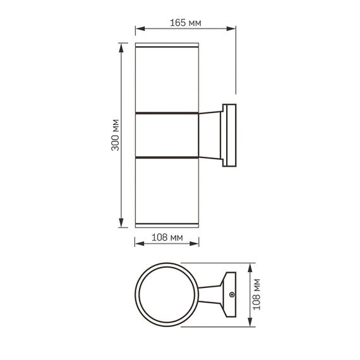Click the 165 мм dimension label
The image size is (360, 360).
pyautogui.click(x=185, y=23)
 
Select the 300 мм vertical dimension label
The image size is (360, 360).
pyautogui.click(x=115, y=135)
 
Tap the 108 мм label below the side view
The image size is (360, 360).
pyautogui.click(x=167, y=237)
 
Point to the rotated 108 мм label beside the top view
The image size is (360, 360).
pyautogui.click(x=256, y=294)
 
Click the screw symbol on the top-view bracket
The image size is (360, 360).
pyautogui.click(x=232, y=294)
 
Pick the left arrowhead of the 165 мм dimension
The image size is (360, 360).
pyautogui.click(x=140, y=28)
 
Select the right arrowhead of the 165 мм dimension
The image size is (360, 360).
pyautogui.click(x=231, y=28)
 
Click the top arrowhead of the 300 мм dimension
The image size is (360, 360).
pyautogui.click(x=121, y=48)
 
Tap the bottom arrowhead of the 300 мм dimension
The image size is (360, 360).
pyautogui.click(x=121, y=223)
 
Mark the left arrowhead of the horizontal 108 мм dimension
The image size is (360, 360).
pyautogui.click(x=140, y=244)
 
